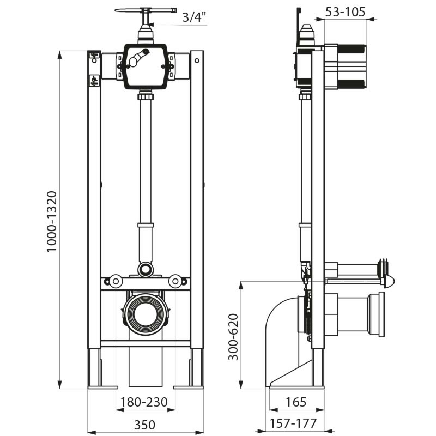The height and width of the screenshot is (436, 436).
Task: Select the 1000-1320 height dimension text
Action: tap(52, 221)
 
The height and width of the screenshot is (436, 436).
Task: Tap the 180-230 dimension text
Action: tap(144, 403)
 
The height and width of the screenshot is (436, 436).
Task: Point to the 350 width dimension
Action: tap(144, 425)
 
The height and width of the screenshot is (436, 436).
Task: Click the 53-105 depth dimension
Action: tap(346, 11)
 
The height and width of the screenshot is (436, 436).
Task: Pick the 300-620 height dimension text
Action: tap(233, 337)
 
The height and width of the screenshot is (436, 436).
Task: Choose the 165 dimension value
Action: tap(296, 402)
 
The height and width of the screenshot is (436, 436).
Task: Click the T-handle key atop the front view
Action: tap(146, 10)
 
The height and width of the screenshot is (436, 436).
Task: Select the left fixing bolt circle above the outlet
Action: tap(115, 281)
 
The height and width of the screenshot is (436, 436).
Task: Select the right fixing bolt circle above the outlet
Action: tap(175, 281)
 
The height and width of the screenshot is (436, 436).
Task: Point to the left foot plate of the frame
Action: tap(102, 387)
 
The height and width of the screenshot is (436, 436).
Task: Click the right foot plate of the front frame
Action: tap(188, 387)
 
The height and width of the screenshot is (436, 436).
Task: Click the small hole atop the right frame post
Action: tap(197, 55)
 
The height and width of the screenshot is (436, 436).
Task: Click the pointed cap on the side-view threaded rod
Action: tap(389, 281)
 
